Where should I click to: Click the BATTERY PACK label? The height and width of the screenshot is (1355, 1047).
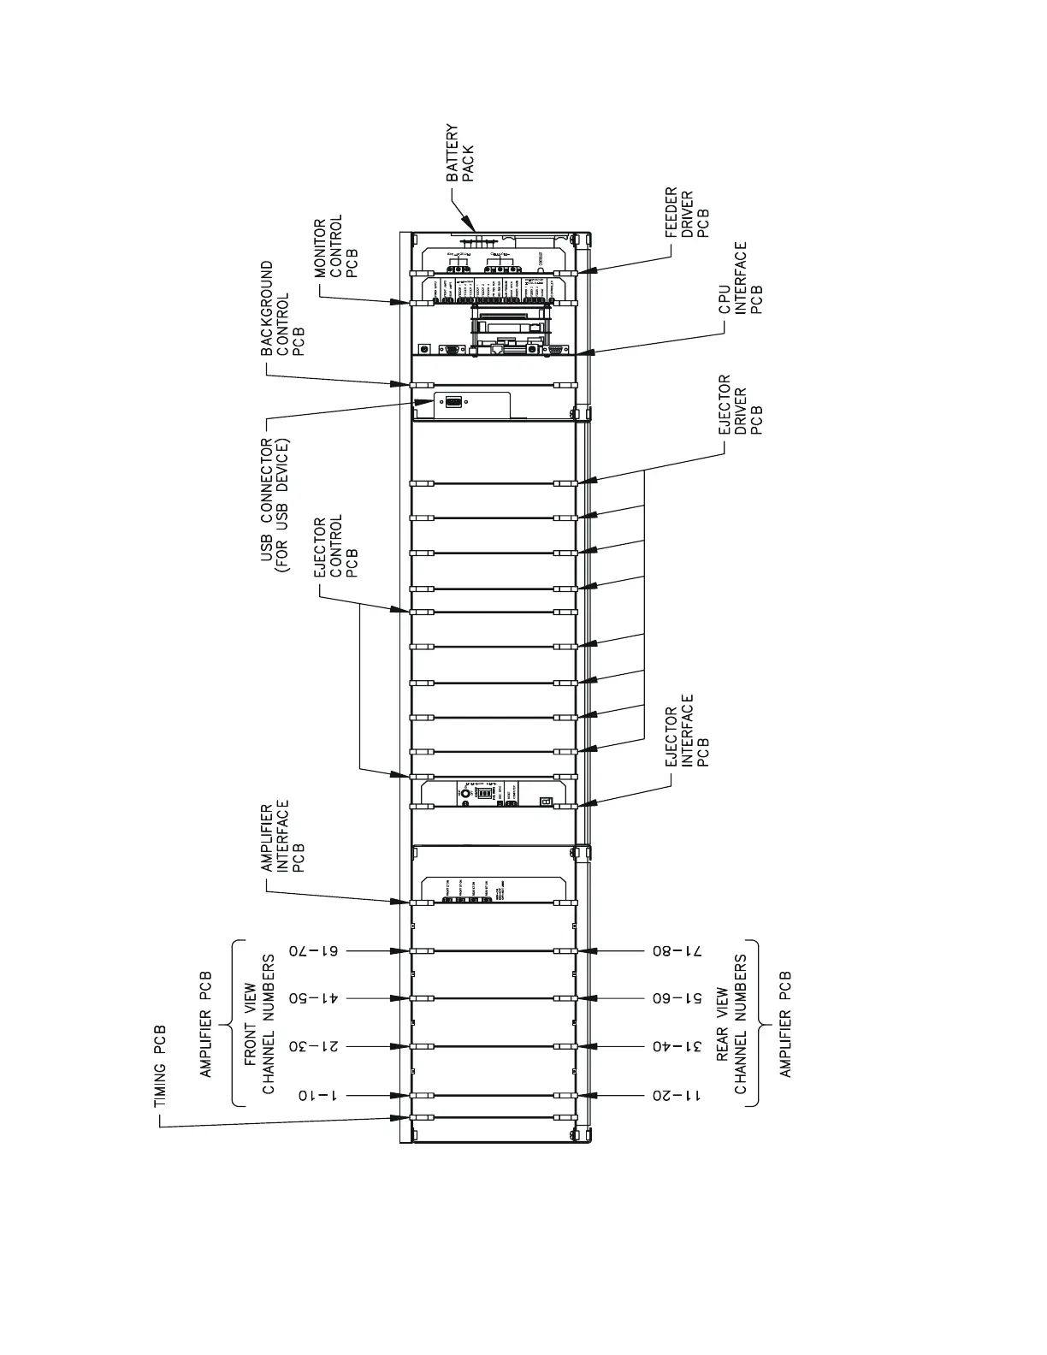point(459,154)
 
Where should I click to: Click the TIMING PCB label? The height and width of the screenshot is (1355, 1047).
point(160,1066)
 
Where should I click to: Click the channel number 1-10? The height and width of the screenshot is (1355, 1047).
point(315,1095)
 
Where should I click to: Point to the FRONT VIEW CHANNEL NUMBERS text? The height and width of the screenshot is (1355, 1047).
point(259,1023)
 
